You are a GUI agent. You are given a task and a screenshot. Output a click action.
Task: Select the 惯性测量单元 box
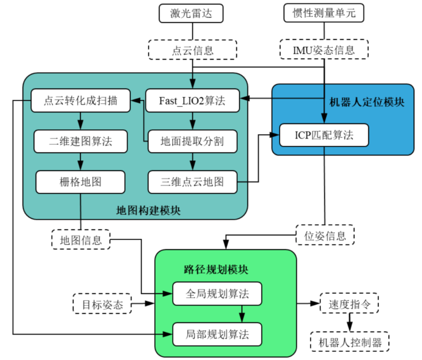(324, 13)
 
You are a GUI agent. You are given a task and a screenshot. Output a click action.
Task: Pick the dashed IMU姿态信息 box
(324, 50)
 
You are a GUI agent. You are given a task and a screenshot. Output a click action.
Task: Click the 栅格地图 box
(80, 182)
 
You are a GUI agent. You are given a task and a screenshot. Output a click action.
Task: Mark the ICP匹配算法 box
(324, 136)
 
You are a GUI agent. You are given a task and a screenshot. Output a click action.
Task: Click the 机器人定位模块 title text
(367, 102)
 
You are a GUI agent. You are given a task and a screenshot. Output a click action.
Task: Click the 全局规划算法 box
(218, 294)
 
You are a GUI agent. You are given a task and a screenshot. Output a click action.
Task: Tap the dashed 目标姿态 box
(102, 304)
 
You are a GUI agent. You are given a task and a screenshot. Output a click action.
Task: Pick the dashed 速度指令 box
(349, 304)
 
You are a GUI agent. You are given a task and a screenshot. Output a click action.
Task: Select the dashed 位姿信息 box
(325, 235)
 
